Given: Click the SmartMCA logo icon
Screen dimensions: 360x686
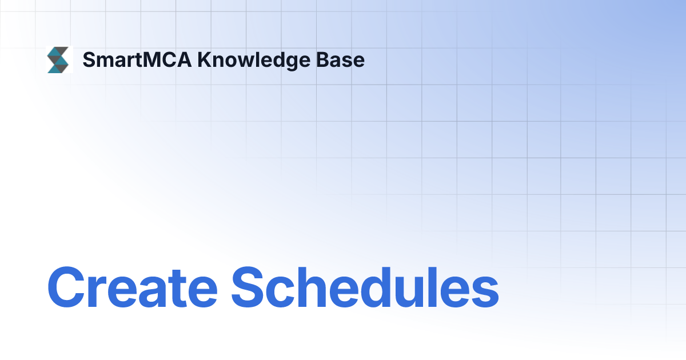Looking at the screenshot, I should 58,60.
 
